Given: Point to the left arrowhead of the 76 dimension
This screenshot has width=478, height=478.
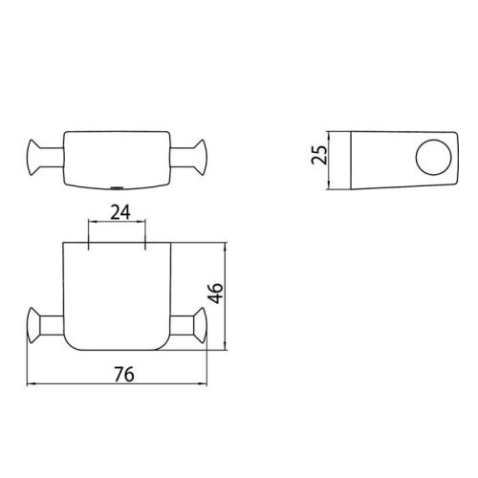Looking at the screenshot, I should (x=28, y=384).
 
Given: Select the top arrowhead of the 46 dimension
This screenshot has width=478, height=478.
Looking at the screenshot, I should (x=226, y=245).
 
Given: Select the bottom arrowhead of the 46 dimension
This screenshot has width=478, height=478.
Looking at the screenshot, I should (x=226, y=346).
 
